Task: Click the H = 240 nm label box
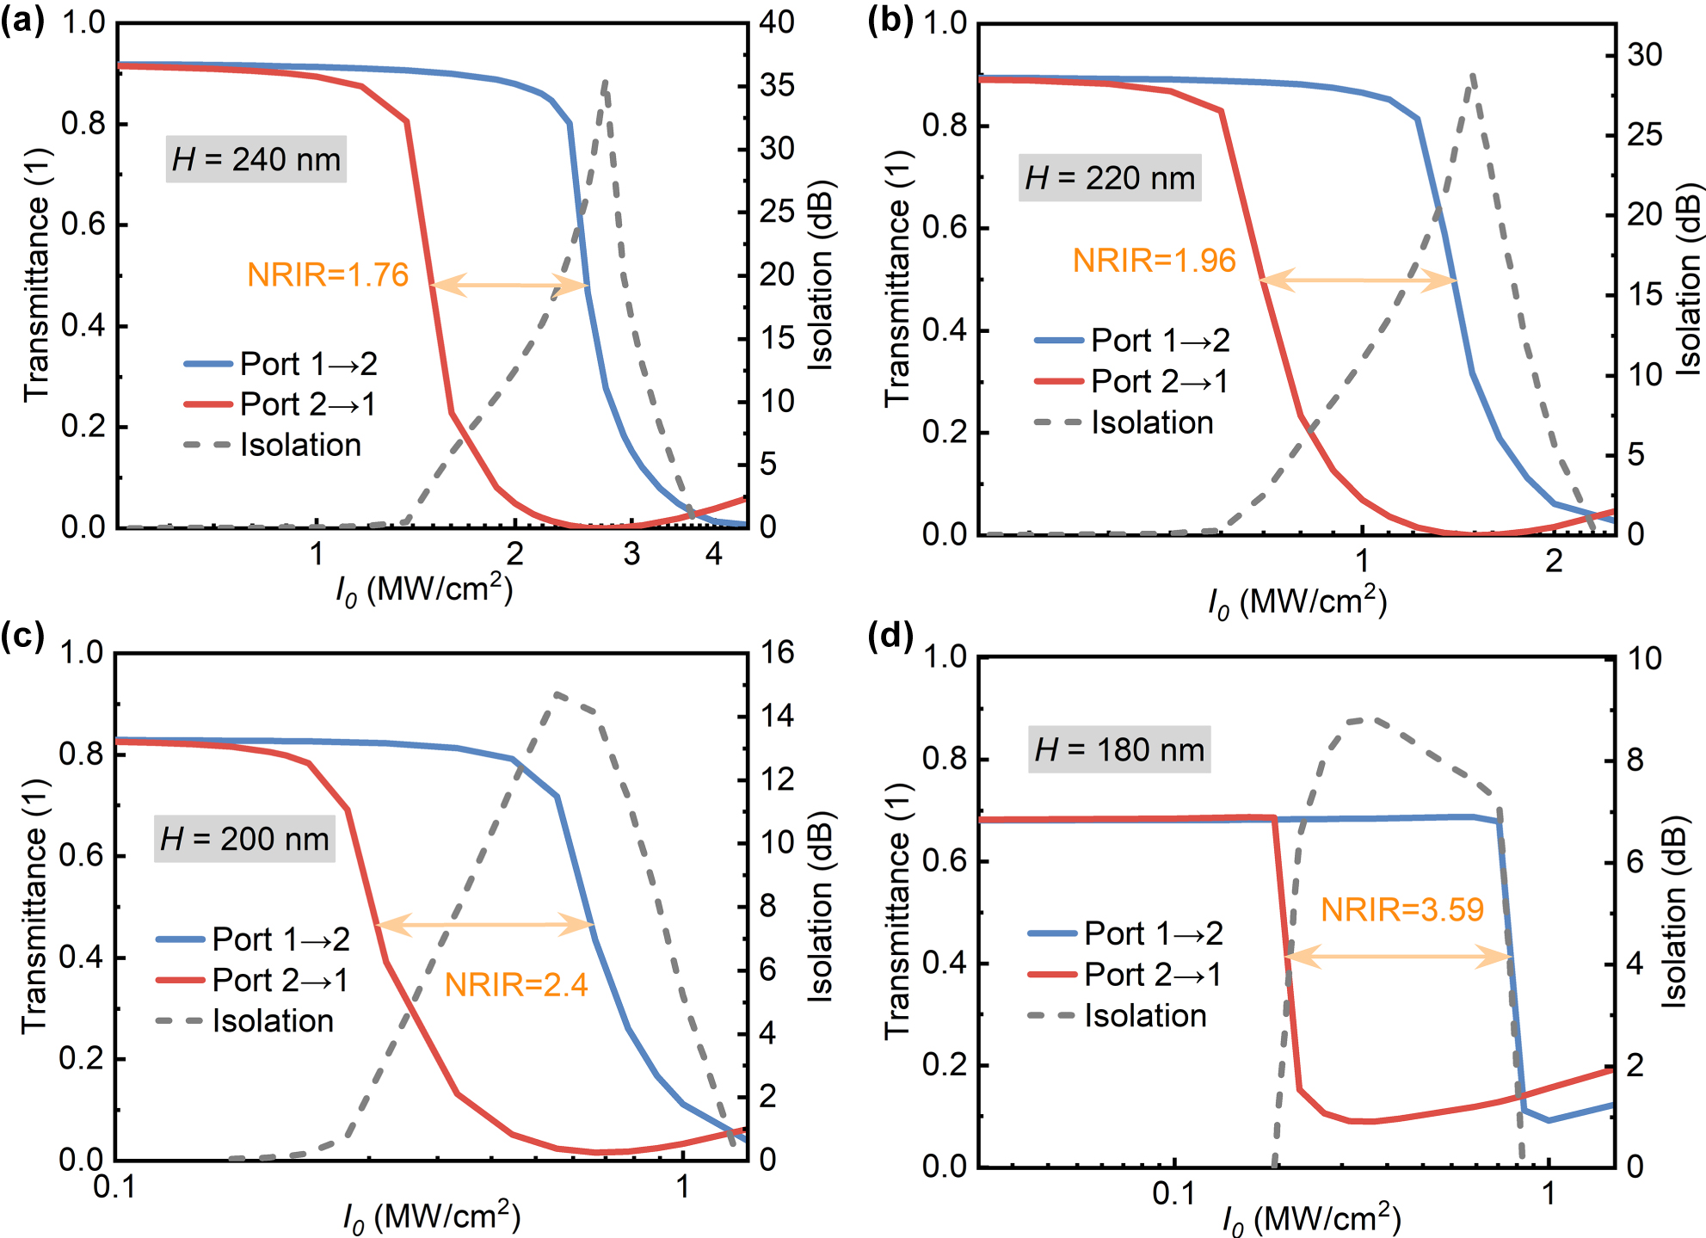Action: pos(256,159)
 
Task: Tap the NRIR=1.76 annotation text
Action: pos(328,275)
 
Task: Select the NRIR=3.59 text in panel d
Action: pos(1401,909)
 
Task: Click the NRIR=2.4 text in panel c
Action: pos(516,984)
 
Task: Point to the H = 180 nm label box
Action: pos(1119,749)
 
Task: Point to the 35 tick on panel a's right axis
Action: pos(776,85)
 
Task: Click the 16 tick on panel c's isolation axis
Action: pos(776,653)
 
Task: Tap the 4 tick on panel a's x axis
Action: pos(713,554)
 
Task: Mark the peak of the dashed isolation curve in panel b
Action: pos(1473,76)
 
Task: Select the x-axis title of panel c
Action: pos(431,1216)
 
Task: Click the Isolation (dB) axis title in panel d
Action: pos(1674,912)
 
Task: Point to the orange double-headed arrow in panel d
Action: pos(1398,956)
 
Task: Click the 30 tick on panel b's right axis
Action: pos(1644,55)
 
